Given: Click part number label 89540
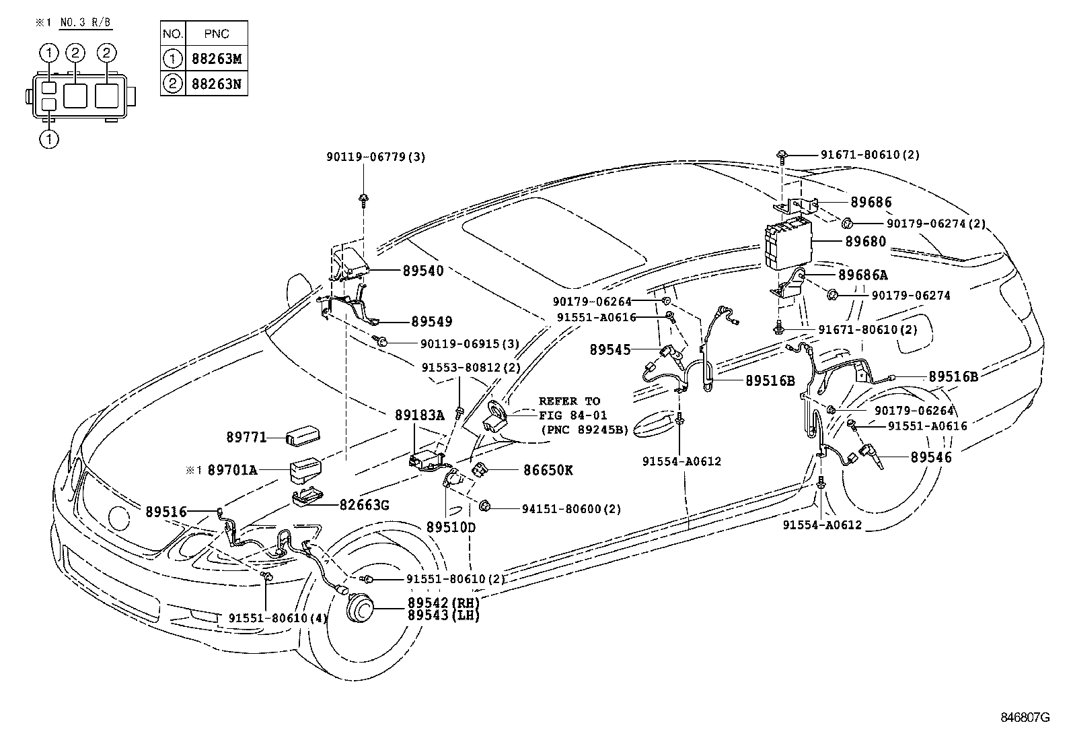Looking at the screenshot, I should click(423, 271).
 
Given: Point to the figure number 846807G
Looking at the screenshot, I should click(1025, 718).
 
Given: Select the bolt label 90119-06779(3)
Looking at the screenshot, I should click(376, 157).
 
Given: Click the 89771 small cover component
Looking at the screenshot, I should click(302, 436).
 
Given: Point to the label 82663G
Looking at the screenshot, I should click(363, 504).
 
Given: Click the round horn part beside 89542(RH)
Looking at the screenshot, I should click(360, 610).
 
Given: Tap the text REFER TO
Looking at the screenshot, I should click(569, 401).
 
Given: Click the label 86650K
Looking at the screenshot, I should click(548, 471).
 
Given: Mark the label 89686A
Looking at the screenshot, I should click(863, 275).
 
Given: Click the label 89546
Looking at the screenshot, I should click(931, 457).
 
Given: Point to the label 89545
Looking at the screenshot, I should click(610, 349).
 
